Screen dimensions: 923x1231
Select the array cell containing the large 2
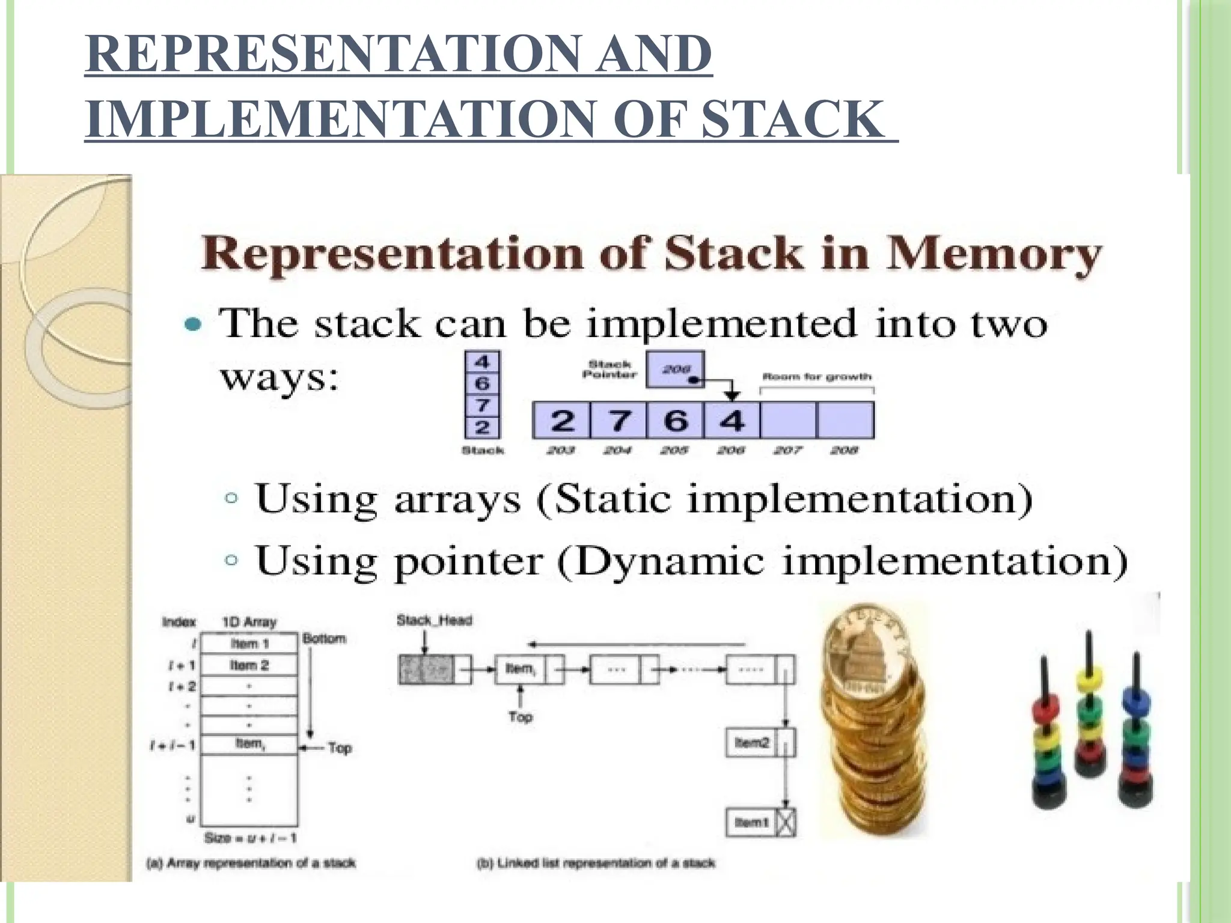click(561, 420)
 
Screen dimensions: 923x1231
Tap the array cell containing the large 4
click(732, 420)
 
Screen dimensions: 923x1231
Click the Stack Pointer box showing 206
click(675, 370)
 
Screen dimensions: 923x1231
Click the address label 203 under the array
click(560, 450)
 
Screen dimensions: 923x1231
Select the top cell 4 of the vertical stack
click(482, 362)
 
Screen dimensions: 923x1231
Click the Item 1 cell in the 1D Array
click(249, 644)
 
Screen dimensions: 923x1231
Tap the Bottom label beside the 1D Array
click(325, 638)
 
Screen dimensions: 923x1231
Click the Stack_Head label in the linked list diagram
click(434, 620)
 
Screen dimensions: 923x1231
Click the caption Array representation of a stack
click(251, 864)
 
